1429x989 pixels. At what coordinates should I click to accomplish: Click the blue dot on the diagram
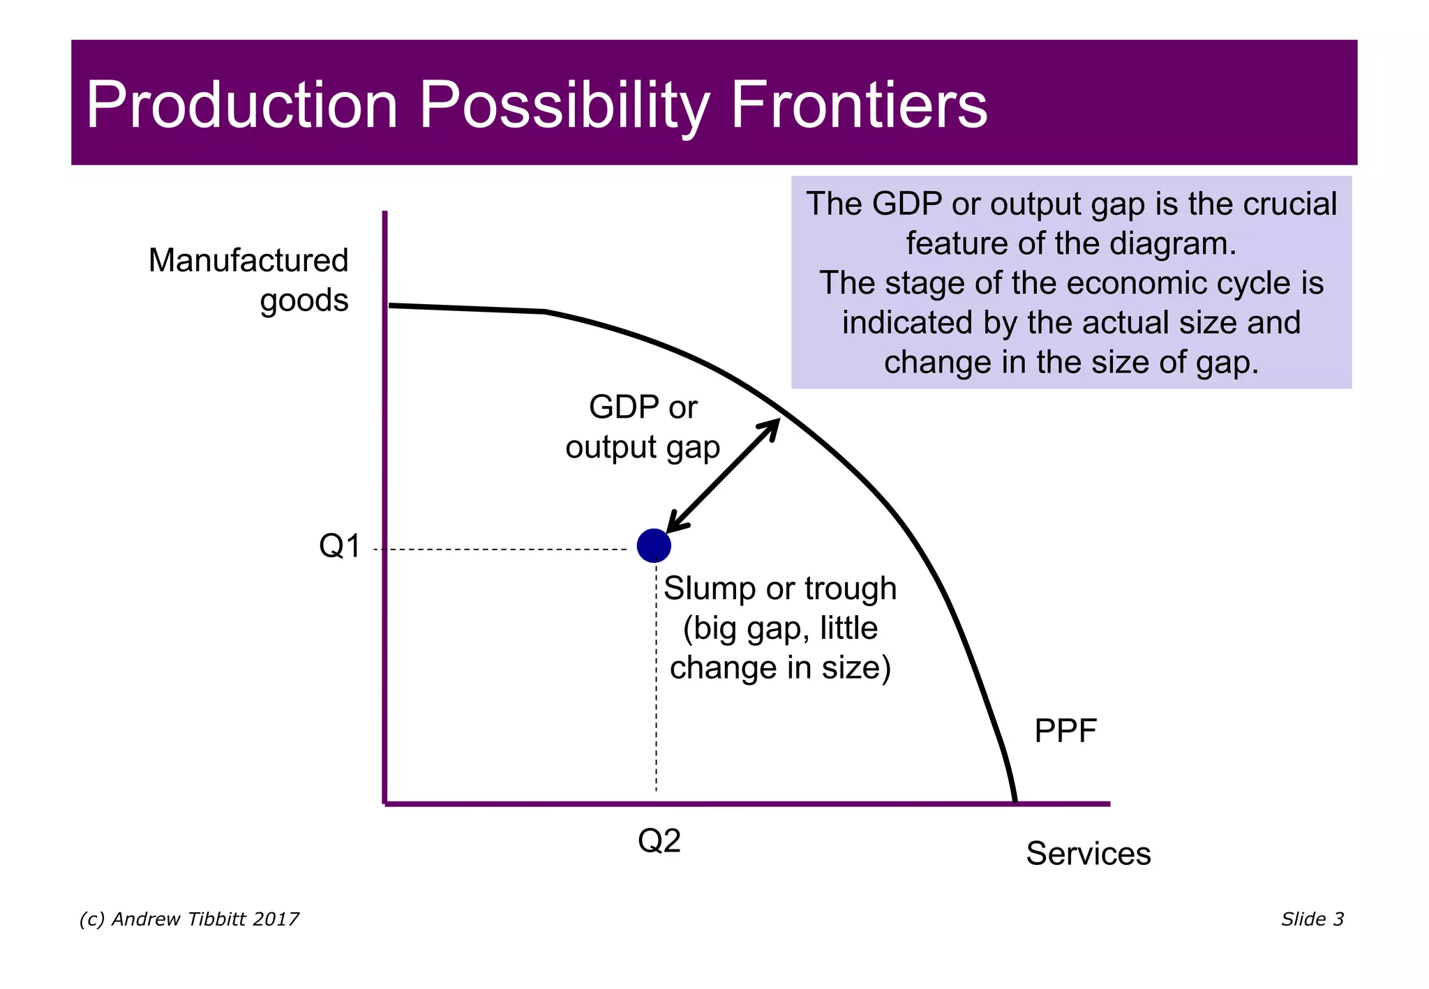pos(654,545)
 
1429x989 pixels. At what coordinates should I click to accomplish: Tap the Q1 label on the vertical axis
pos(340,546)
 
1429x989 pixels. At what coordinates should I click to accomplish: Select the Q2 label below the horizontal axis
pos(659,841)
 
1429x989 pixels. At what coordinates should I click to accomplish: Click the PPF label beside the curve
pos(1065,732)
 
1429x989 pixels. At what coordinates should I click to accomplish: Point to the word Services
pos(1088,854)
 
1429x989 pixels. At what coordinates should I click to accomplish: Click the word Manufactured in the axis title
pos(248,261)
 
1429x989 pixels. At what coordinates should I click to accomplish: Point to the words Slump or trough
pos(779,589)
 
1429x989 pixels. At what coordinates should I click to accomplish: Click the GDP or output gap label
pos(643,427)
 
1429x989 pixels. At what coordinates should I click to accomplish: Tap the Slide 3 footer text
pos(1312,919)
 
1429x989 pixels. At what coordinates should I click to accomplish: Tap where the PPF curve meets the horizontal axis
pos(1015,802)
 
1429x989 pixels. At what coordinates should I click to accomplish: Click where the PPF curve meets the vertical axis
pos(389,305)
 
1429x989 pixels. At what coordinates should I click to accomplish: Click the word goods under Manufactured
pos(304,301)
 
